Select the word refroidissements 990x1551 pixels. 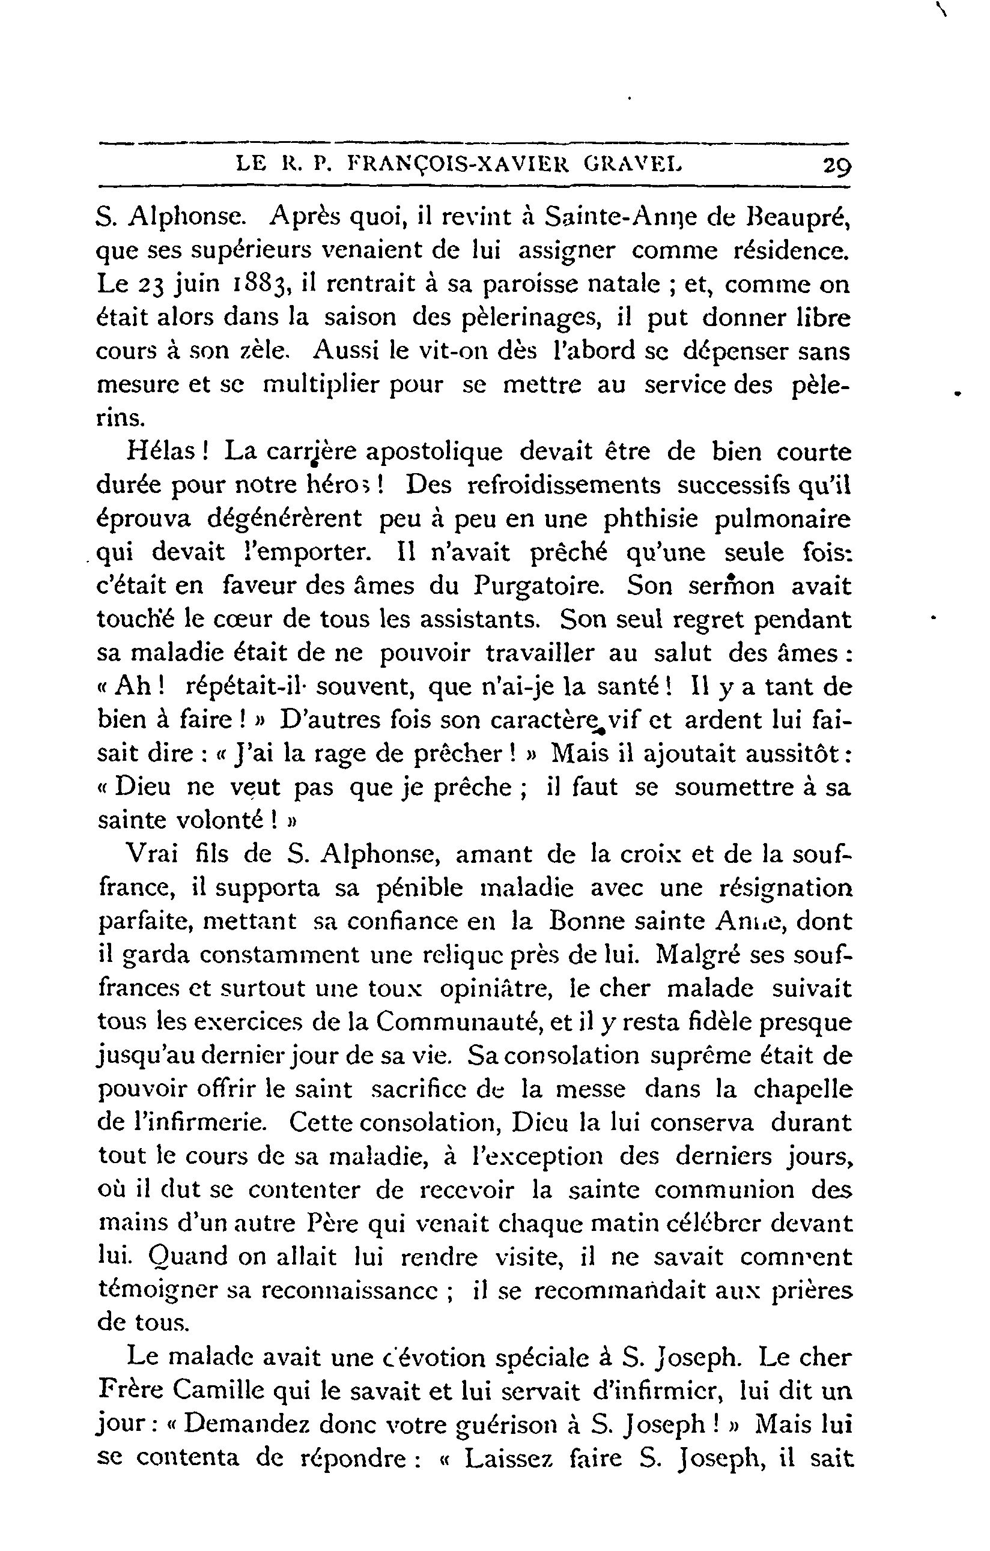[x=563, y=485]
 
